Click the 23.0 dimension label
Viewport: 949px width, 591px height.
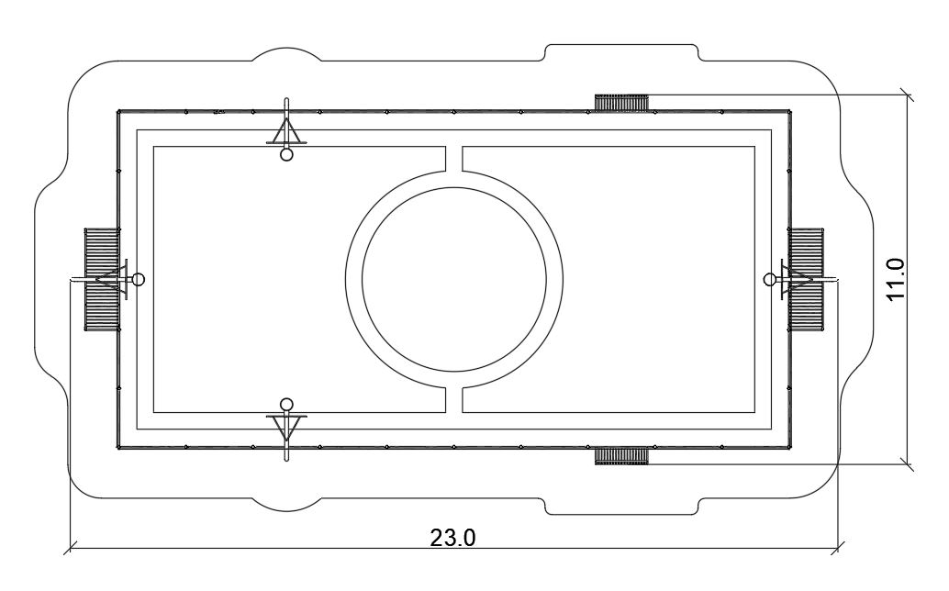pyautogui.click(x=452, y=537)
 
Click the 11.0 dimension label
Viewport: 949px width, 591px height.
pyautogui.click(x=895, y=278)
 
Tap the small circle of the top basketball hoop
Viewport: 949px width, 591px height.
pyautogui.click(x=287, y=154)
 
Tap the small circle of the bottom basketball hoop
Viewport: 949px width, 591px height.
pyautogui.click(x=287, y=405)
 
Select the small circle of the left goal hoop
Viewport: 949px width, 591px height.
pyautogui.click(x=138, y=279)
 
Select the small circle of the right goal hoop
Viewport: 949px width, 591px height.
pyautogui.click(x=770, y=279)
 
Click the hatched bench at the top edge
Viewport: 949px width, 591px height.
pyautogui.click(x=621, y=102)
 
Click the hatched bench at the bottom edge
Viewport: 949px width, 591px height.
pyautogui.click(x=621, y=455)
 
